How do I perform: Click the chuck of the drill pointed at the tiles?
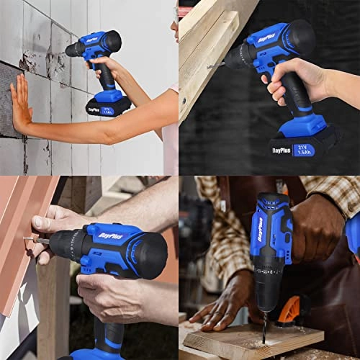76,49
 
